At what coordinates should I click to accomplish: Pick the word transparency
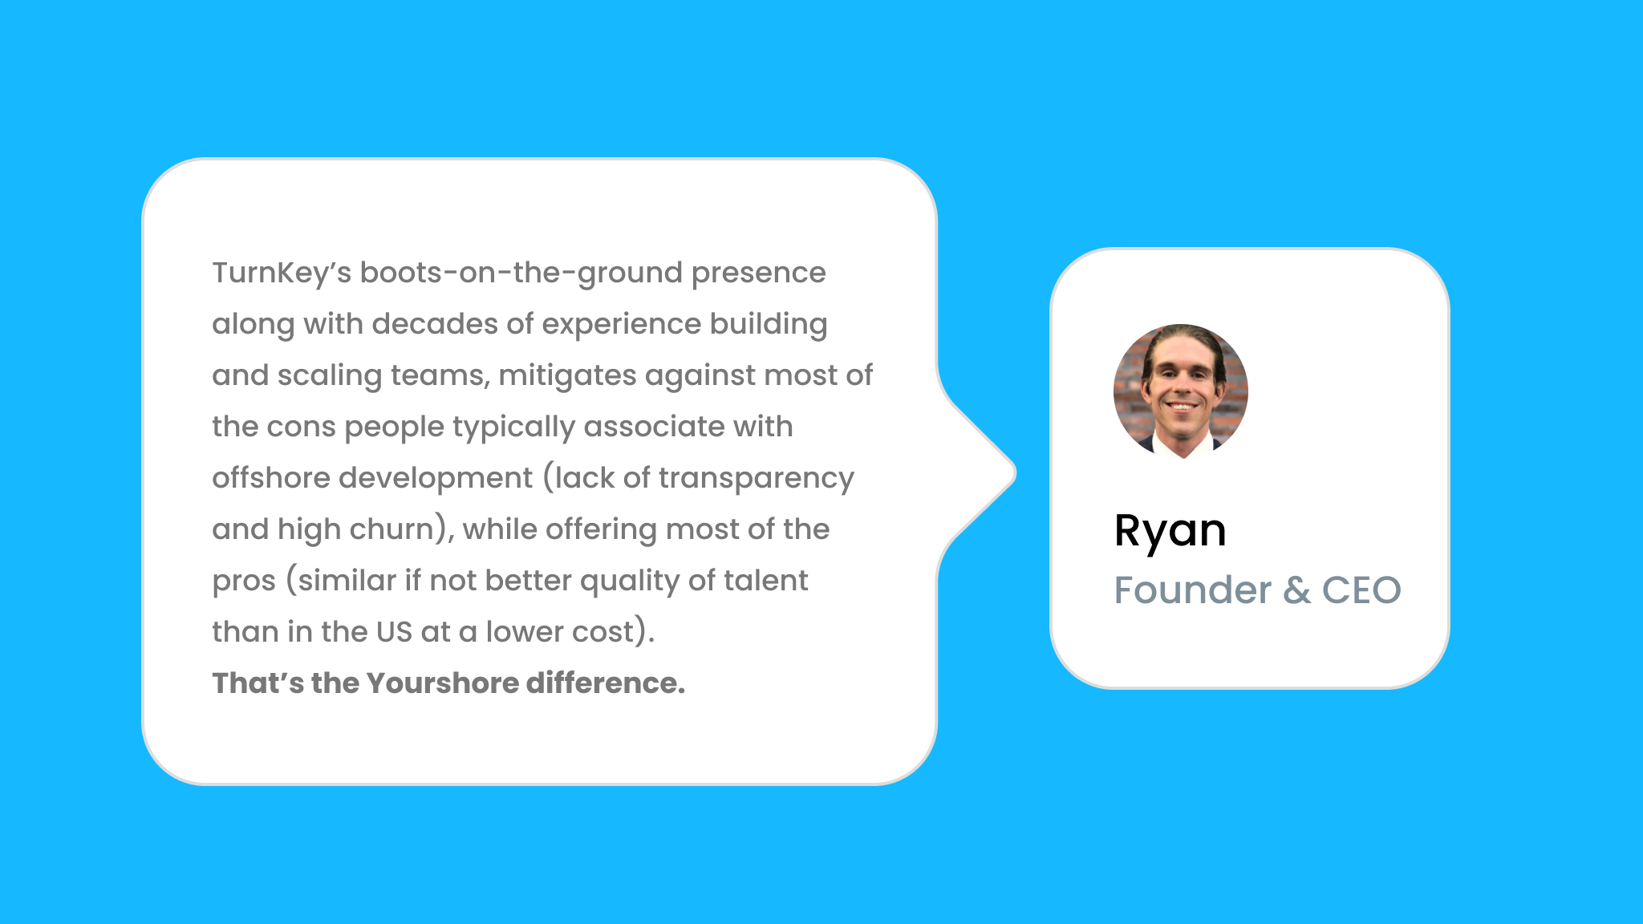(757, 478)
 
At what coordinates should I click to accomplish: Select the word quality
(627, 581)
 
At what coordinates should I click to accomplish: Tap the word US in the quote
(394, 632)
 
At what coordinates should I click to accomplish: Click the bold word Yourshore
(443, 683)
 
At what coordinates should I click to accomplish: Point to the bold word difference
(605, 683)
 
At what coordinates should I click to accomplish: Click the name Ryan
(1170, 531)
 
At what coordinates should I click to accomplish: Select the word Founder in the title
(1193, 590)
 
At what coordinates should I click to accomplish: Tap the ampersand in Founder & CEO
(1296, 590)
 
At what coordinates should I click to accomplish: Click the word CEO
(1361, 590)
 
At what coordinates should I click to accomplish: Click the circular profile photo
(1181, 391)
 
